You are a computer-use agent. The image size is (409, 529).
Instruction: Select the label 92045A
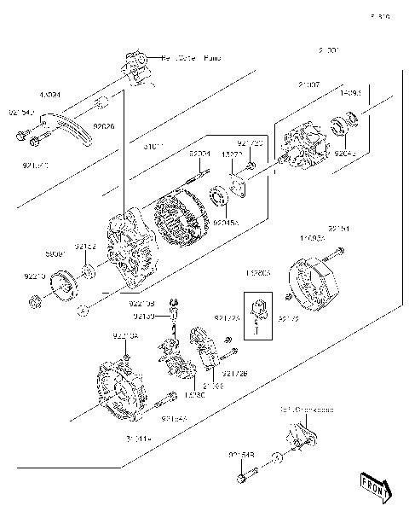[x=226, y=222]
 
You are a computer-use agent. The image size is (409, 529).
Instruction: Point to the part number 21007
[x=309, y=85]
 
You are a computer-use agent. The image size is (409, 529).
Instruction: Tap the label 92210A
[x=124, y=337]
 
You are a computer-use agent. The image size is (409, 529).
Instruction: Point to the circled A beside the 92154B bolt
[x=276, y=458]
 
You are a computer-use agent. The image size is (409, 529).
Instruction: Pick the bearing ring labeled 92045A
[x=219, y=201]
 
